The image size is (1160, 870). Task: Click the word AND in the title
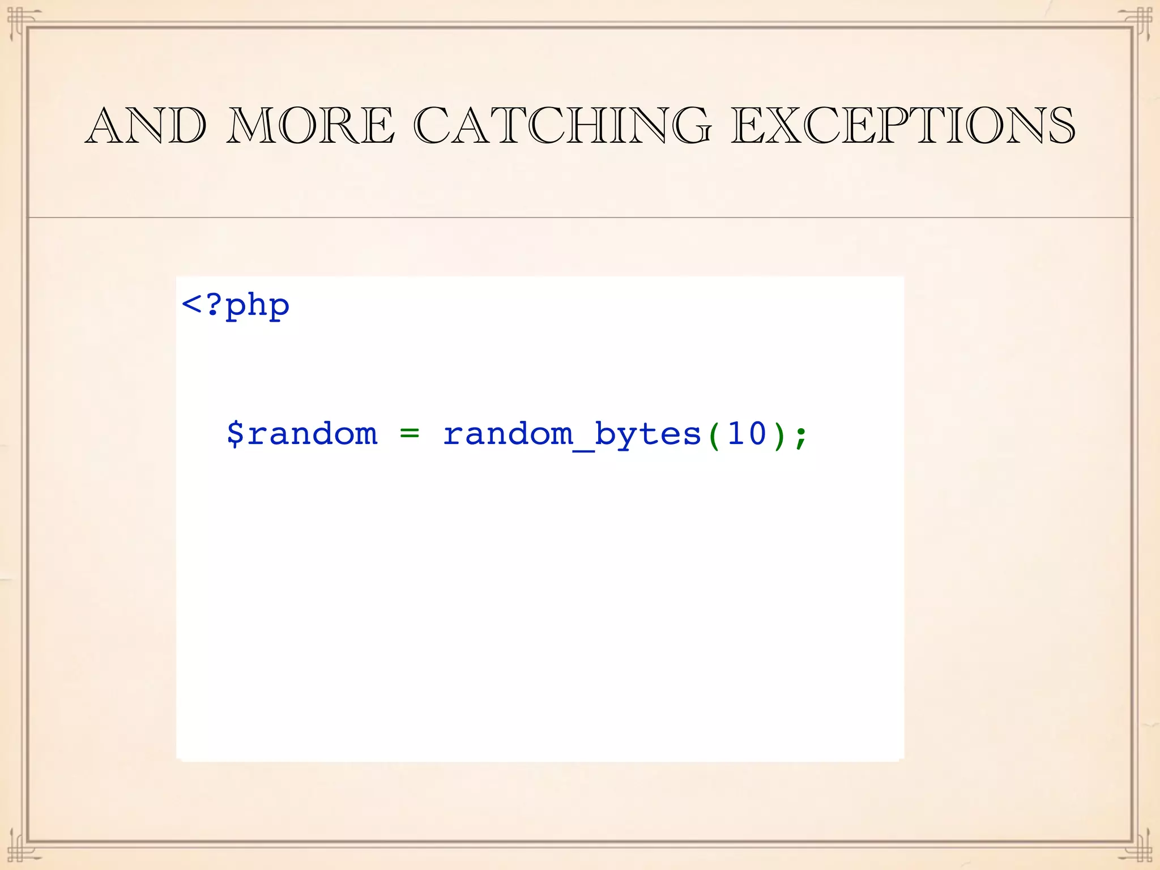pyautogui.click(x=146, y=126)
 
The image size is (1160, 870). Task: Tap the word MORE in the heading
pyautogui.click(x=310, y=126)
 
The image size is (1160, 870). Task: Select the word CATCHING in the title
pyautogui.click(x=562, y=126)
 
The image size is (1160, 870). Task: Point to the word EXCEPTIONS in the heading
pyautogui.click(x=903, y=126)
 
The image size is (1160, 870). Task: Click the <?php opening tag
pyautogui.click(x=236, y=306)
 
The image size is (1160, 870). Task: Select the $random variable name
pyautogui.click(x=302, y=434)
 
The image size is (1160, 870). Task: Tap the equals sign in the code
pyautogui.click(x=409, y=434)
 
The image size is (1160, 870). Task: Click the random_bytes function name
pyautogui.click(x=572, y=434)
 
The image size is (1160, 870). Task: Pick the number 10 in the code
pyautogui.click(x=747, y=434)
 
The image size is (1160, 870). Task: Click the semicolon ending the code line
pyautogui.click(x=800, y=436)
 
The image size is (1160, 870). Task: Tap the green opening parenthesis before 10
pyautogui.click(x=714, y=435)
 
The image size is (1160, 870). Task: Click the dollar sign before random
pyautogui.click(x=235, y=434)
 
